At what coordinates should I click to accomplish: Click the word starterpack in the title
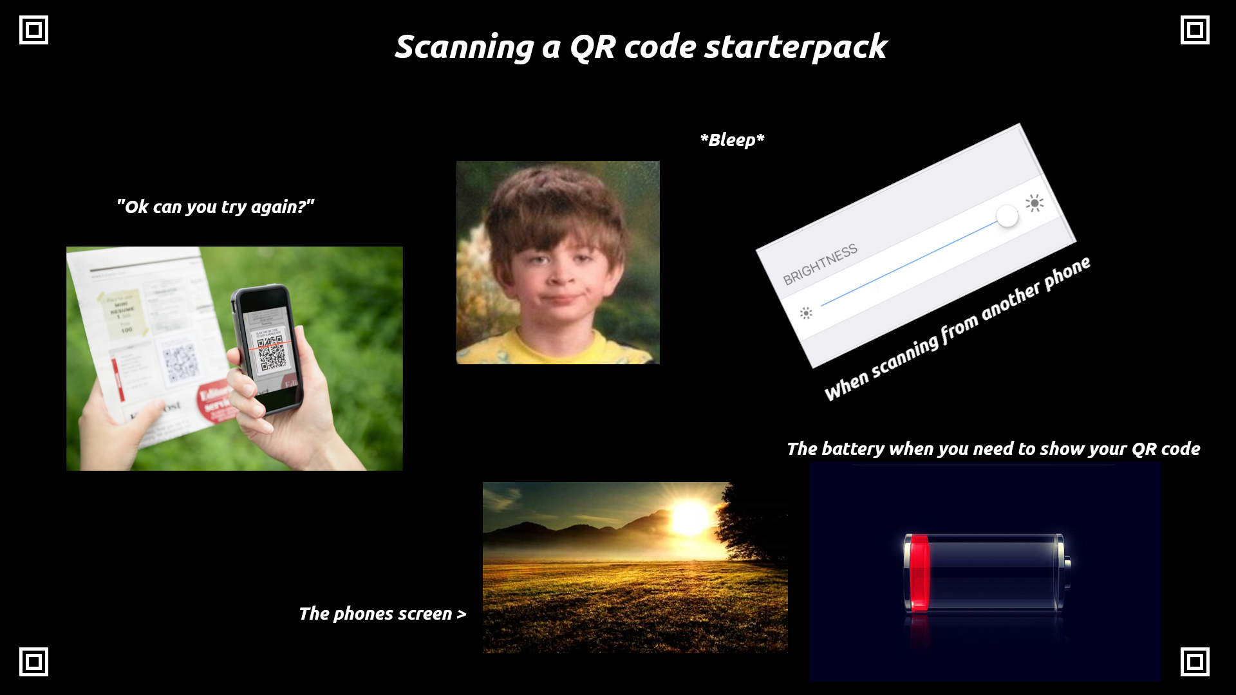(796, 48)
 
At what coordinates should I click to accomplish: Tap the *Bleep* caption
(732, 140)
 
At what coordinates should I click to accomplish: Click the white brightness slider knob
(1007, 216)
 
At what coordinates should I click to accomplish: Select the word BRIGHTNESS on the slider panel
(820, 264)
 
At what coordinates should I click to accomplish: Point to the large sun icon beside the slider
(1035, 203)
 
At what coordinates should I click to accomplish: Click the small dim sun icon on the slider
(806, 313)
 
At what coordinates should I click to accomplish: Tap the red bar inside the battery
(919, 572)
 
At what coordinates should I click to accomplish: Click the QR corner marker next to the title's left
(33, 30)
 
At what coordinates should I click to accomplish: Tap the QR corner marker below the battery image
(1195, 662)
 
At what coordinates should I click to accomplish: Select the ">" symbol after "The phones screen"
(461, 615)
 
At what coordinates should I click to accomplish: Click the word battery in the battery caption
(852, 449)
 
